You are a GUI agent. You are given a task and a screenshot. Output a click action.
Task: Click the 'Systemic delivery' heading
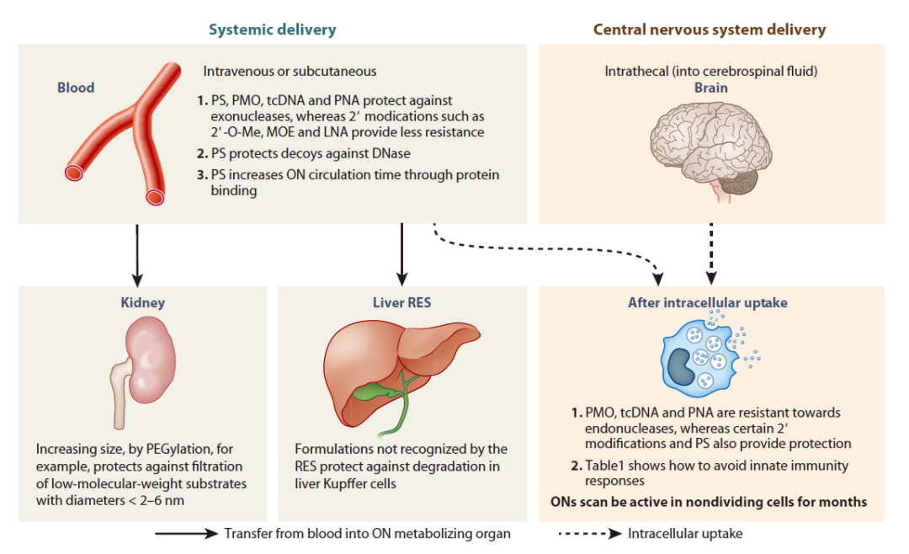pyautogui.click(x=273, y=29)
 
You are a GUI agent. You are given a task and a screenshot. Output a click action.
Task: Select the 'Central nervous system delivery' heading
pyautogui.click(x=710, y=29)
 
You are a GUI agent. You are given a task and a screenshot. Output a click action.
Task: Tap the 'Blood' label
pyautogui.click(x=76, y=88)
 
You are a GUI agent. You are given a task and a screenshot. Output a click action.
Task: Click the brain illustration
pyautogui.click(x=711, y=150)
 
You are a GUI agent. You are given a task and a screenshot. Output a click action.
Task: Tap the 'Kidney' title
pyautogui.click(x=142, y=302)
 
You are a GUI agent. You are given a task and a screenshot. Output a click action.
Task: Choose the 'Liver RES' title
pyautogui.click(x=401, y=302)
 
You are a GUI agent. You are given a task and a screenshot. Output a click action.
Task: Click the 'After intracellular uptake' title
pyautogui.click(x=708, y=302)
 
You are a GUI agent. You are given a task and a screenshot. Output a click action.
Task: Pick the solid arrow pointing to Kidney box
pyautogui.click(x=137, y=255)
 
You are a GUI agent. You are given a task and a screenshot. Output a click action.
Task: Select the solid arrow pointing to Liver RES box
pyautogui.click(x=401, y=255)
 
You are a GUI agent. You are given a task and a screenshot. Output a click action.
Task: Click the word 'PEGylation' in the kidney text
pyautogui.click(x=178, y=449)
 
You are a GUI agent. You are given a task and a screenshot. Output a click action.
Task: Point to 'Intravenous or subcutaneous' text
pyautogui.click(x=290, y=72)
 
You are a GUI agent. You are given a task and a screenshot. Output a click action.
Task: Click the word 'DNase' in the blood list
pyautogui.click(x=390, y=154)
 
